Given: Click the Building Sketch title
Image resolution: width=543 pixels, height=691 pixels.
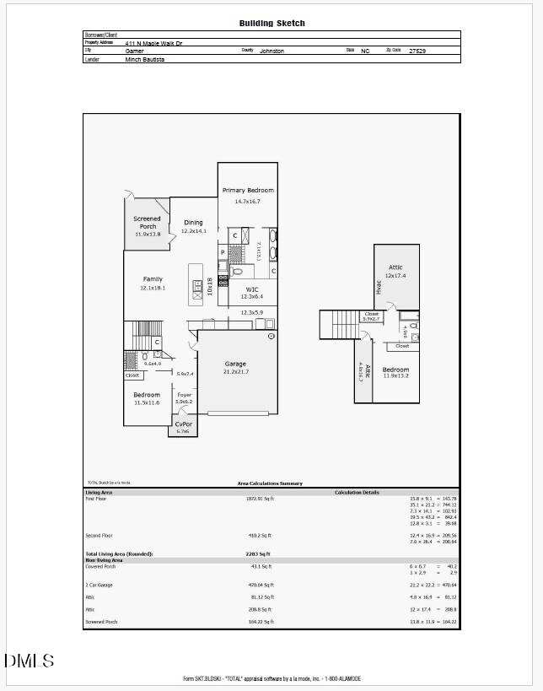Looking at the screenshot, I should tap(271, 24).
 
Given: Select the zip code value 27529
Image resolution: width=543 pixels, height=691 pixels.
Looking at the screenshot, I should tap(417, 51).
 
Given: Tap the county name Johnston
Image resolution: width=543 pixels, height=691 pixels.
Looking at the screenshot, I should tap(271, 51).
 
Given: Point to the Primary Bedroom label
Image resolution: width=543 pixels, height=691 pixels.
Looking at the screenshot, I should tap(248, 191).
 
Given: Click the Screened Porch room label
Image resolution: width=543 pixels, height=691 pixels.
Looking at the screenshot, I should tap(147, 223).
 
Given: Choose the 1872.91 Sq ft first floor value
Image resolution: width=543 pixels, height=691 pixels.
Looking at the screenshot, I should tap(260, 499).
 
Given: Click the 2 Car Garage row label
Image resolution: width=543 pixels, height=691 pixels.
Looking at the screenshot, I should tap(99, 585).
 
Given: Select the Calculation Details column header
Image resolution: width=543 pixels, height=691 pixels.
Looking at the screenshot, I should tap(357, 492).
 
